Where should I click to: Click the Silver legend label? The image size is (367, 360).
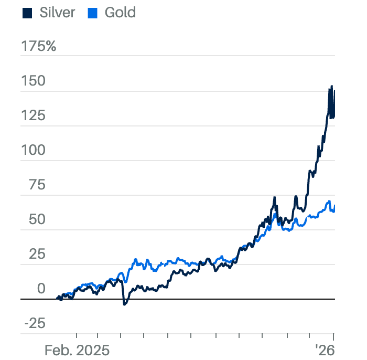tap(57, 13)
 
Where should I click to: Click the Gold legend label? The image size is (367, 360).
tap(120, 13)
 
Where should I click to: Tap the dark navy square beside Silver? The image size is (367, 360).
tap(28, 13)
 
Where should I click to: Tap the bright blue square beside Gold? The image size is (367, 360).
tap(93, 13)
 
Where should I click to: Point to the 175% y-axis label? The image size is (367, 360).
tap(38, 47)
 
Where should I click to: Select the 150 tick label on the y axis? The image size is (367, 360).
tap(34, 81)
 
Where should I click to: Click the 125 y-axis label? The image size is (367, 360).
tap(34, 116)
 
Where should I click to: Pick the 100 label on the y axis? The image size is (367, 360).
tap(34, 151)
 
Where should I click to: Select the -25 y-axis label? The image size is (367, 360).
tap(35, 323)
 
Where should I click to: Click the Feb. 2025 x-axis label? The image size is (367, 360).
tap(77, 350)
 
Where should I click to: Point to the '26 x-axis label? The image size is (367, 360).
tap(325, 350)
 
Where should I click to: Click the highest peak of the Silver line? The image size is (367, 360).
tap(331, 87)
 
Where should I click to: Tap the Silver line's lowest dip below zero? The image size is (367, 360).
tap(124, 304)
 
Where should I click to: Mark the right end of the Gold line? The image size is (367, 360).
tap(334, 208)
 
